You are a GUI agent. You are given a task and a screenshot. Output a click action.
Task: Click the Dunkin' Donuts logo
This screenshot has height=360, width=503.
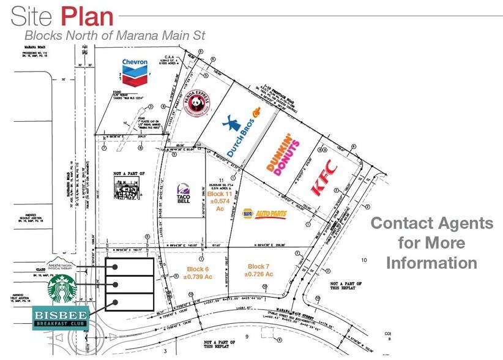pos(283,153)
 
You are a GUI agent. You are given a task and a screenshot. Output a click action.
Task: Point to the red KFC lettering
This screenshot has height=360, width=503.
pos(324,178)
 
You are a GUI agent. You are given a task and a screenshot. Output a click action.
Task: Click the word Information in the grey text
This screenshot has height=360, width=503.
pos(432,263)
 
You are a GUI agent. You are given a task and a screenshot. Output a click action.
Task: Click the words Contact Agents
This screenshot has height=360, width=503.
pos(432,223)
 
